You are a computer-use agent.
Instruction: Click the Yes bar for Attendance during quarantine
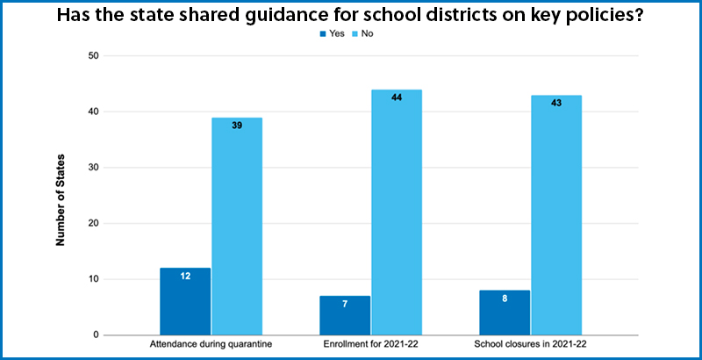click(x=185, y=301)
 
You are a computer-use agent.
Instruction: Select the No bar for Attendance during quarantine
click(x=237, y=227)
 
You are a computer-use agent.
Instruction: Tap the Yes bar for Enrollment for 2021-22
click(x=345, y=315)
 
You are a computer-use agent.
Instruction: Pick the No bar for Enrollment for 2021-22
click(x=397, y=212)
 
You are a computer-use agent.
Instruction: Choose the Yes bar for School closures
click(x=505, y=313)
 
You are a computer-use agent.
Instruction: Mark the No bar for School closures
click(x=556, y=215)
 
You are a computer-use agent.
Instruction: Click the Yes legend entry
click(x=333, y=33)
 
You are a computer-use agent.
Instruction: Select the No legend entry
click(x=363, y=33)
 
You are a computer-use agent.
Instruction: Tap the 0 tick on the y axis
click(x=96, y=335)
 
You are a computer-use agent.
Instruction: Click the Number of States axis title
click(x=61, y=199)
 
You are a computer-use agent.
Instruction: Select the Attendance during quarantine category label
click(x=211, y=345)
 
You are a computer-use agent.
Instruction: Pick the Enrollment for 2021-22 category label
click(x=370, y=345)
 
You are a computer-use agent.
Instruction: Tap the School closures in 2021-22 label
click(x=531, y=345)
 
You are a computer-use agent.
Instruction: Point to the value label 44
click(x=397, y=97)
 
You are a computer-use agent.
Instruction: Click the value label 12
click(x=185, y=276)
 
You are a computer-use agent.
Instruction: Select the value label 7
click(x=345, y=304)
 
